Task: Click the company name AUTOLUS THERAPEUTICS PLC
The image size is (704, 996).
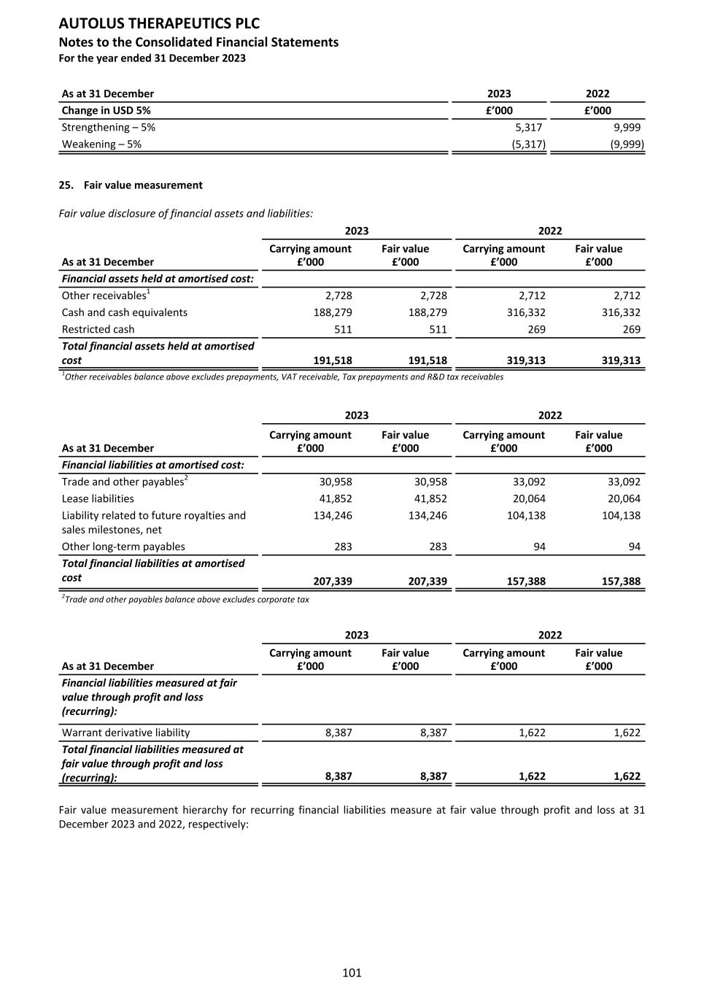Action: tap(158, 24)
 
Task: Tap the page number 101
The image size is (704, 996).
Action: tap(352, 973)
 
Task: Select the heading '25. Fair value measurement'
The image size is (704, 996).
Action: tap(131, 185)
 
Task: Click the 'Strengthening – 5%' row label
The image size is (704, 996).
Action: tap(108, 127)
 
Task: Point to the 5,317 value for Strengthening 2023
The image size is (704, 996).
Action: tap(528, 127)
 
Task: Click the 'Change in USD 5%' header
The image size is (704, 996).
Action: tap(106, 110)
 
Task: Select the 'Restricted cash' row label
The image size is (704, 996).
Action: tap(98, 329)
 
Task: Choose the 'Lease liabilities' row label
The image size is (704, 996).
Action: tap(98, 498)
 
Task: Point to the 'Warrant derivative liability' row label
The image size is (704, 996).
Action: tap(125, 733)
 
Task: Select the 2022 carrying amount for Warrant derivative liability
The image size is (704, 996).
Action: tap(532, 733)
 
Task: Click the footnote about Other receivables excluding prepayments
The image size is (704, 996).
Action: tap(282, 377)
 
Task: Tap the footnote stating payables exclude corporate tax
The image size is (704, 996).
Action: tap(185, 600)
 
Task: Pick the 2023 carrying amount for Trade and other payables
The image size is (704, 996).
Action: tap(336, 482)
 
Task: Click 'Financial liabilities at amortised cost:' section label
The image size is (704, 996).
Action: tap(152, 465)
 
